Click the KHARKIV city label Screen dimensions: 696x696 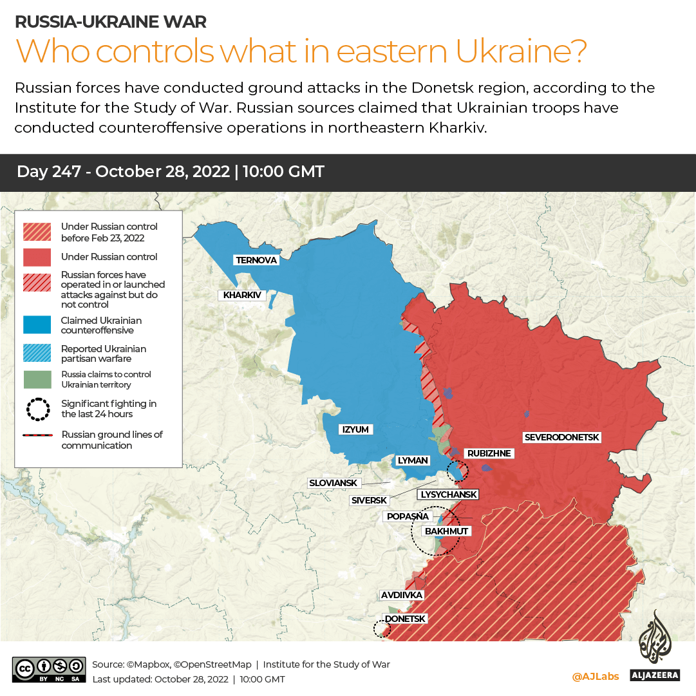[242, 296]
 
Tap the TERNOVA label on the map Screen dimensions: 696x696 [256, 260]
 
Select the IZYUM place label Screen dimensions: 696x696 [356, 429]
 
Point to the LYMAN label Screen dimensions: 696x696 [413, 460]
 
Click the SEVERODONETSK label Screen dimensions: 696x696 [561, 437]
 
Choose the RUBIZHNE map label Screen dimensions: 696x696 [489, 453]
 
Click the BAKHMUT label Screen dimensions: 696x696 [446, 531]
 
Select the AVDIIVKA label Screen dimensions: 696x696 [401, 595]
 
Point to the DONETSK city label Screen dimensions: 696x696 [405, 619]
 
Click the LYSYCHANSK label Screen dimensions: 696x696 [449, 494]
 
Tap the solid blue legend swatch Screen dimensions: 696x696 [37, 325]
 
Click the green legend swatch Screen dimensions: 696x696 [37, 379]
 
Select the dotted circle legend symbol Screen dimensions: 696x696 [37, 409]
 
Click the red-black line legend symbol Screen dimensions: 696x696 [37, 436]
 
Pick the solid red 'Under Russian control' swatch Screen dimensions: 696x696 [37, 257]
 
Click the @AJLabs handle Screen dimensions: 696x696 [595, 677]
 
